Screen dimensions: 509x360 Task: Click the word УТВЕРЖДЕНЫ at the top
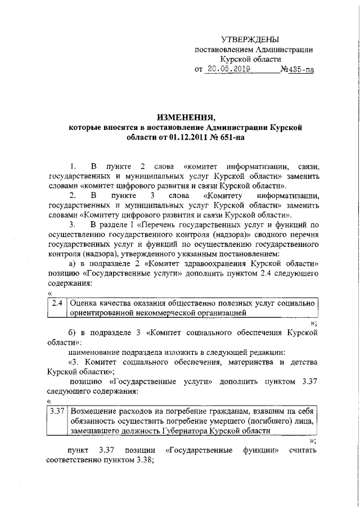(250, 39)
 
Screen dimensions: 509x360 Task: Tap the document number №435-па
(296, 70)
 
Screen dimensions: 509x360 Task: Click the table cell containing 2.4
(57, 303)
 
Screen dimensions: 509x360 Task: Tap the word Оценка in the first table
(83, 303)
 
